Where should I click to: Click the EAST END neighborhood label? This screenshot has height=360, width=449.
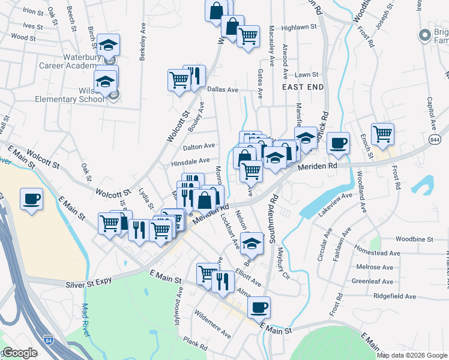[303, 87]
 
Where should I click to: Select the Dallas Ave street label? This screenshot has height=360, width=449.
[223, 89]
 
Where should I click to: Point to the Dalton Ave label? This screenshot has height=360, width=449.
[199, 146]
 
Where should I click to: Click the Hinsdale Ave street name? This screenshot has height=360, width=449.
[190, 161]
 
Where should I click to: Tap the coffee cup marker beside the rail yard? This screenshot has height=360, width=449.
[31, 199]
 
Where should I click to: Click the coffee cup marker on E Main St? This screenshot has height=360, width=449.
[259, 308]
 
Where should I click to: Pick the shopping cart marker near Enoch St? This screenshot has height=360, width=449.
[382, 134]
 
